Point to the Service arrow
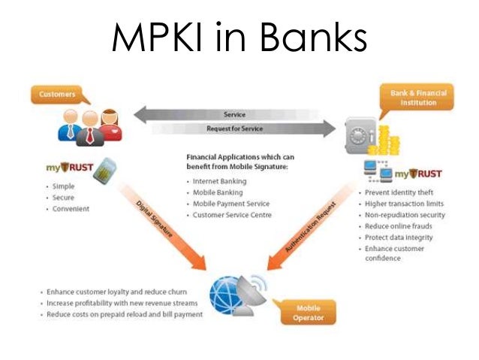pyautogui.click(x=233, y=114)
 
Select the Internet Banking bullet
pyautogui.click(x=221, y=181)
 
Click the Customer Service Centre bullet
pyautogui.click(x=232, y=214)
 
